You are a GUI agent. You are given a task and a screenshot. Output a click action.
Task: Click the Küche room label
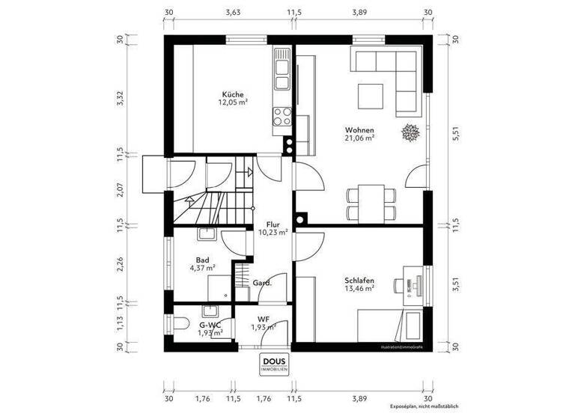coord(232,94)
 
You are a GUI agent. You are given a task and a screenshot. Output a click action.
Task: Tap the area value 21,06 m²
coord(359,138)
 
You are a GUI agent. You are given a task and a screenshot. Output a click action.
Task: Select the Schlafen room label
coord(359,281)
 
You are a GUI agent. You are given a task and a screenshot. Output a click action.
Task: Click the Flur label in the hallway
coord(273,223)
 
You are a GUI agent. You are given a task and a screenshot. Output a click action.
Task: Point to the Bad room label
coord(202,260)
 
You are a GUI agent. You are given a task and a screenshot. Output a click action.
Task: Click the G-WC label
coord(210,325)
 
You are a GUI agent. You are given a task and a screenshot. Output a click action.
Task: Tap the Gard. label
coord(261,284)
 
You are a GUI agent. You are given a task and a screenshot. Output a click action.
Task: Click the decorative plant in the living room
coord(410,132)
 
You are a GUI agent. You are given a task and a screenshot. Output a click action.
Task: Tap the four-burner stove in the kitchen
coord(282,116)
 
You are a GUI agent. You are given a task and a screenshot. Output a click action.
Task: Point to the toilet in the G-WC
coord(180,323)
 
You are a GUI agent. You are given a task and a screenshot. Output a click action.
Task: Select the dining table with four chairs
coord(371,195)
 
